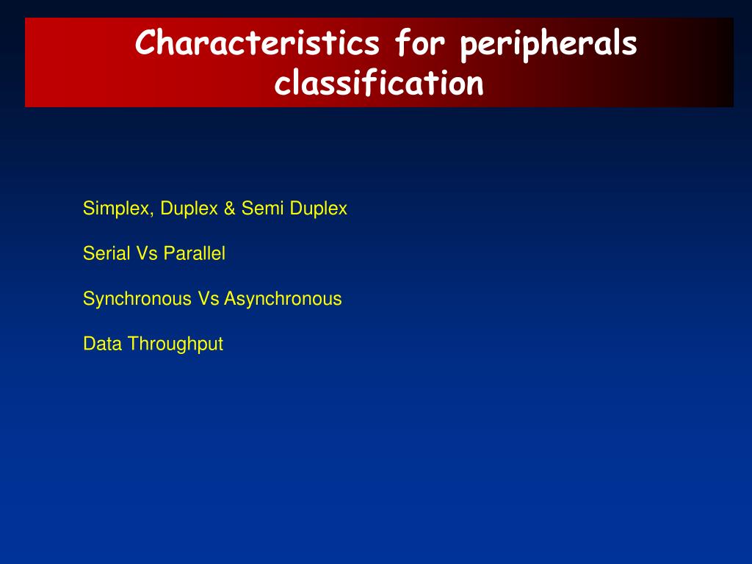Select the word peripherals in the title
tap(549, 45)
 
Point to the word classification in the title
tap(379, 82)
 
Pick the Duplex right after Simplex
tap(189, 209)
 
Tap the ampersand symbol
tap(230, 209)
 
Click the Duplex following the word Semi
tap(319, 209)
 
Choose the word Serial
tap(106, 253)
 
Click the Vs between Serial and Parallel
tap(147, 253)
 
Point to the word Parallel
tap(194, 253)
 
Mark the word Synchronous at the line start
tap(137, 299)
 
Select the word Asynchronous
tap(283, 299)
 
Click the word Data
tap(102, 344)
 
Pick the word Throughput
tap(175, 344)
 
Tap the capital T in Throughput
tap(134, 344)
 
